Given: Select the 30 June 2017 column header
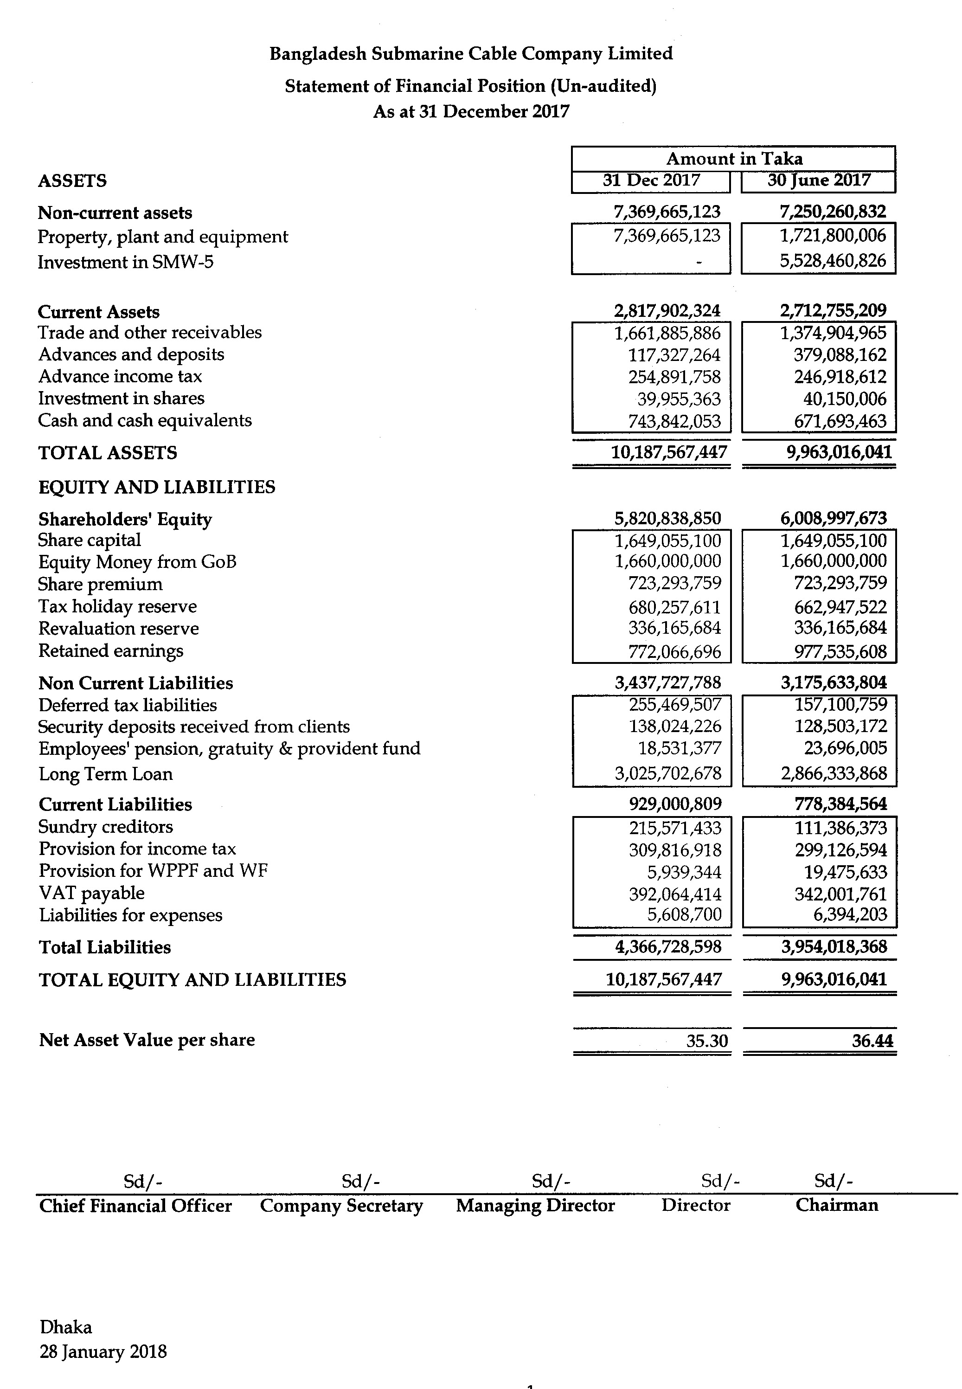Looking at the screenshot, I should pyautogui.click(x=819, y=180).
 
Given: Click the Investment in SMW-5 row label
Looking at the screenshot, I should pyautogui.click(x=125, y=262).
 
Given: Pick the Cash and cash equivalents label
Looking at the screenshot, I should pyautogui.click(x=145, y=420).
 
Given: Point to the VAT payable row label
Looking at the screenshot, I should pyautogui.click(x=92, y=893).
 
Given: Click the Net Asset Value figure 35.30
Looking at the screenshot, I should pyautogui.click(x=706, y=1041).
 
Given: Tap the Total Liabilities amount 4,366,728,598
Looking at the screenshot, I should pyautogui.click(x=668, y=947).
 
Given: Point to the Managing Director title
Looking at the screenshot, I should pyautogui.click(x=535, y=1205).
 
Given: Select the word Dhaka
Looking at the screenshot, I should pyautogui.click(x=66, y=1327).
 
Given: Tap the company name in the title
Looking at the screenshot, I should pyautogui.click(x=471, y=54).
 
